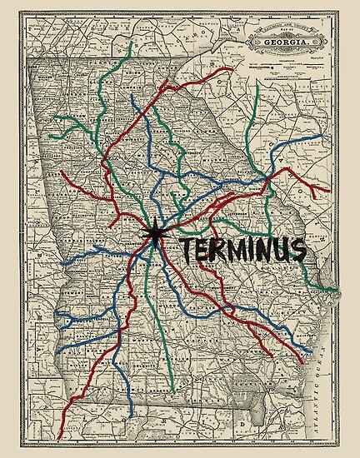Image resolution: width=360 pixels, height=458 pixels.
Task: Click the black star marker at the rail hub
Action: [x=156, y=236]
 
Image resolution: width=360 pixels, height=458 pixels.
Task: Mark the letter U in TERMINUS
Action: [x=289, y=250]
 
